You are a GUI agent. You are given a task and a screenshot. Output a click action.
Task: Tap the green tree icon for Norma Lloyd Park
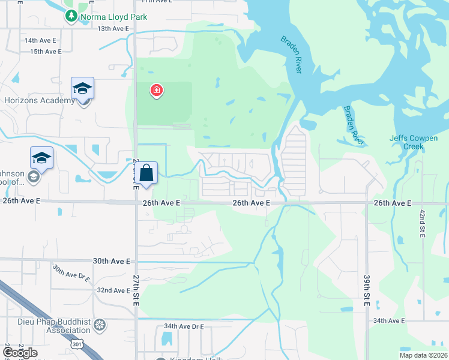71,16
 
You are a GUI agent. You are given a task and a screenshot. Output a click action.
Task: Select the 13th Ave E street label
113,29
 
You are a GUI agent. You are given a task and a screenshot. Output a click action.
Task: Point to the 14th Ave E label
40,40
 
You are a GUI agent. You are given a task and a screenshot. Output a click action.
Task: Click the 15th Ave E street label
46,52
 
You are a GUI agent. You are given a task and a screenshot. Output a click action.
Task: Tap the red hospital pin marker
157,91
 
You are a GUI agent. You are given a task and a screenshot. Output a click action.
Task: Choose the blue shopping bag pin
146,174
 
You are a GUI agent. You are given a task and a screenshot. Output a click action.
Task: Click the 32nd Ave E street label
113,290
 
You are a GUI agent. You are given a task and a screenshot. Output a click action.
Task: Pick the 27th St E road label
136,291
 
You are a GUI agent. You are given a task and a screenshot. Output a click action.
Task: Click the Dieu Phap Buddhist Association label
45,325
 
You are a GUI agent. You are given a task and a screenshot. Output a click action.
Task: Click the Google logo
19,352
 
